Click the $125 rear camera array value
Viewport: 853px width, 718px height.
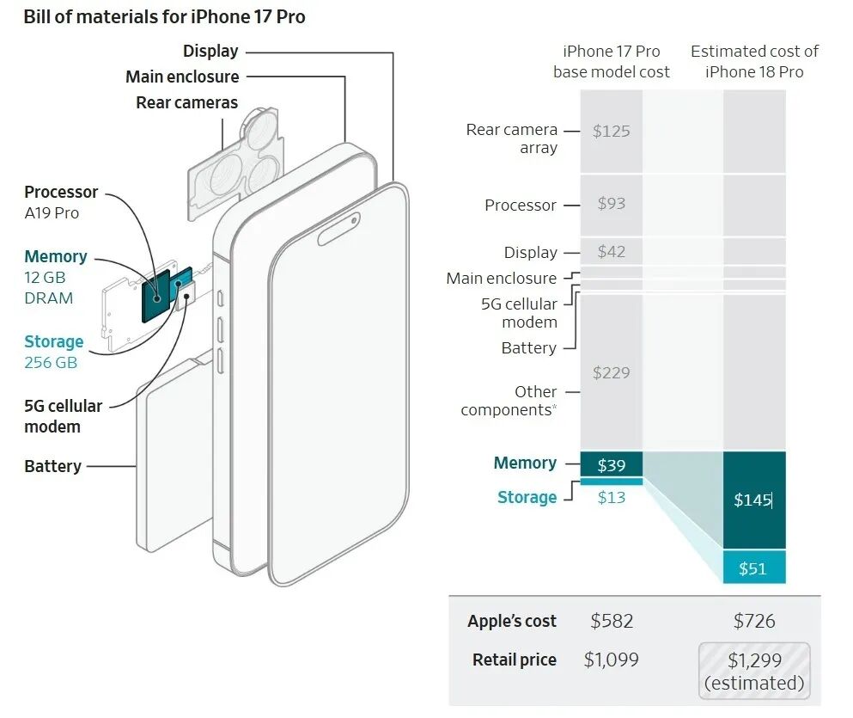(x=611, y=132)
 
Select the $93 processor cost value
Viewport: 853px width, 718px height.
(x=611, y=204)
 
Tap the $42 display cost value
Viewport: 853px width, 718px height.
(x=611, y=251)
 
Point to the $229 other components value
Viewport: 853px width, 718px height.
(x=611, y=373)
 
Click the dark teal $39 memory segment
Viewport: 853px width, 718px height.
(x=611, y=464)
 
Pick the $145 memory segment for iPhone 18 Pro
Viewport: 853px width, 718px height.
(x=754, y=500)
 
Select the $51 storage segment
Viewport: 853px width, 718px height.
(x=754, y=568)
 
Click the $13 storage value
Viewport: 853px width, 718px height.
(x=611, y=498)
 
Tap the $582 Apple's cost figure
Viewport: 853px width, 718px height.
(x=612, y=621)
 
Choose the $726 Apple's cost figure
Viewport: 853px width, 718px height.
(x=754, y=621)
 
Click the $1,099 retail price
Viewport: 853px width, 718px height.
(x=611, y=660)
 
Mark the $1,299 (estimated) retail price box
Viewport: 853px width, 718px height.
(x=754, y=671)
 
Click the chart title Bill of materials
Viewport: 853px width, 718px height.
(x=164, y=17)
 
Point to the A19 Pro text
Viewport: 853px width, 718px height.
(x=52, y=213)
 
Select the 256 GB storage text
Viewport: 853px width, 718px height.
(x=51, y=363)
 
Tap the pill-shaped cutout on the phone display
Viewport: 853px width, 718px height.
(x=338, y=229)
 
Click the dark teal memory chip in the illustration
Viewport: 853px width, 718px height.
(x=155, y=296)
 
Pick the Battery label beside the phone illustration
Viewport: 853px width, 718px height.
(x=52, y=467)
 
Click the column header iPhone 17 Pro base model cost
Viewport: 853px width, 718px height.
(x=611, y=62)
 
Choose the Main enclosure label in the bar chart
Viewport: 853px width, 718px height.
(x=501, y=278)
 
